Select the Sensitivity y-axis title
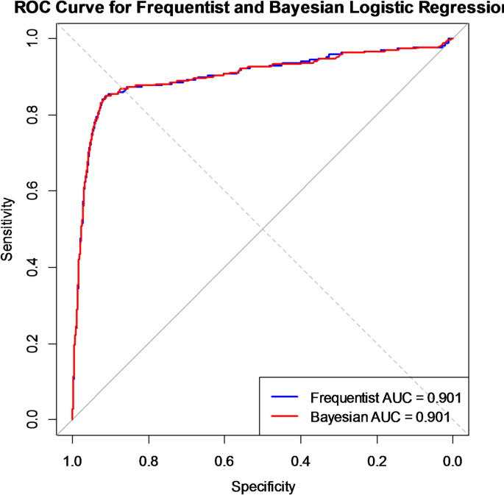point(9,229)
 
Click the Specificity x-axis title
point(263,486)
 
